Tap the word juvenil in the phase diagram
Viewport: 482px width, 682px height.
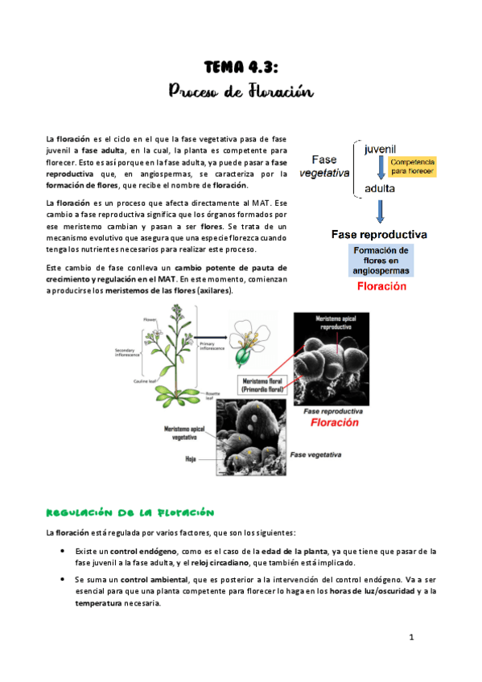click(381, 150)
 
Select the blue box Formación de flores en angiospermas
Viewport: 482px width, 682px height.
click(381, 261)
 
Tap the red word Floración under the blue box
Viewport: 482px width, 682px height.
click(381, 285)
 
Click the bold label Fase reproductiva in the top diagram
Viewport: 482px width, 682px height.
click(381, 235)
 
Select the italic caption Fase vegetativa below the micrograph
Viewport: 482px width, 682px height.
click(315, 454)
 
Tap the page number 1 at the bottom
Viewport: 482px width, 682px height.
click(410, 639)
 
